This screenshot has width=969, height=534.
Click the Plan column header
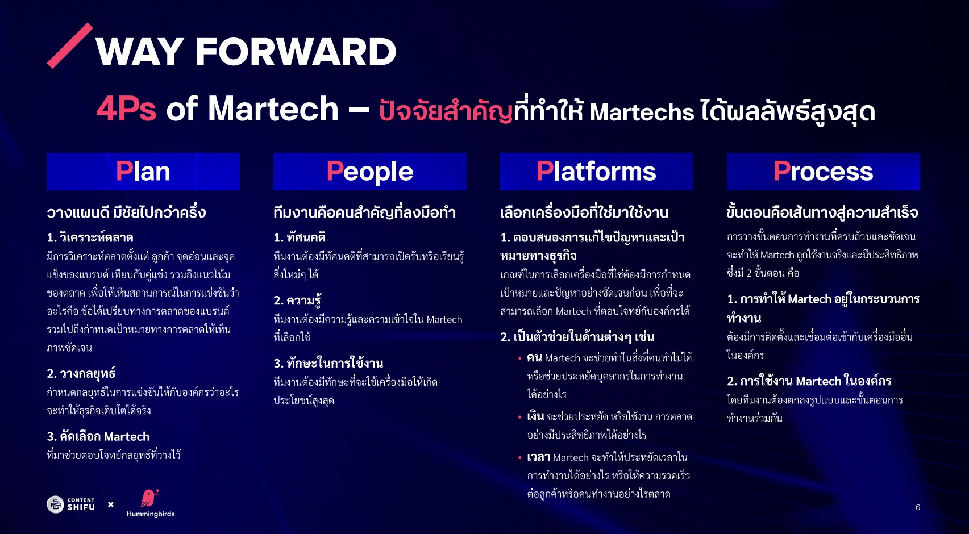point(143,171)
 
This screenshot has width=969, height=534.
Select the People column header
point(370,171)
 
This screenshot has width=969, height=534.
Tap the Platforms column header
point(597,171)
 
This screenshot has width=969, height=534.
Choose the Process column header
point(823,171)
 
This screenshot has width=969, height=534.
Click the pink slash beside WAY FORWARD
point(70,46)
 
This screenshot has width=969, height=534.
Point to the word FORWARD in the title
point(296,52)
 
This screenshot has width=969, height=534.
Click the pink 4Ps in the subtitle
point(126,109)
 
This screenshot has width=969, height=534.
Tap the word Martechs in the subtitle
point(642,112)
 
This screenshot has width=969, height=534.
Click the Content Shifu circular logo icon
point(55,504)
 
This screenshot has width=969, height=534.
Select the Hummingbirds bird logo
point(149,498)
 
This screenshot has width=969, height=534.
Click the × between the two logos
point(111,504)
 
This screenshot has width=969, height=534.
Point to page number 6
point(917,507)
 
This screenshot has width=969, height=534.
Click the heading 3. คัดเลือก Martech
point(98,436)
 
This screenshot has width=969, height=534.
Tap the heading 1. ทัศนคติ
point(300,237)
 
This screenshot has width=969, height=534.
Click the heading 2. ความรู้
point(297,299)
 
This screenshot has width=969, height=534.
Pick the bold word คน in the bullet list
point(534,358)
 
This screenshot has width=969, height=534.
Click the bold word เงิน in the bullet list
point(535,416)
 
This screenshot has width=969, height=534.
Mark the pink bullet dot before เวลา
point(519,457)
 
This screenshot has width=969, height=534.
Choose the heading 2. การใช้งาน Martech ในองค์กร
point(809,381)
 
